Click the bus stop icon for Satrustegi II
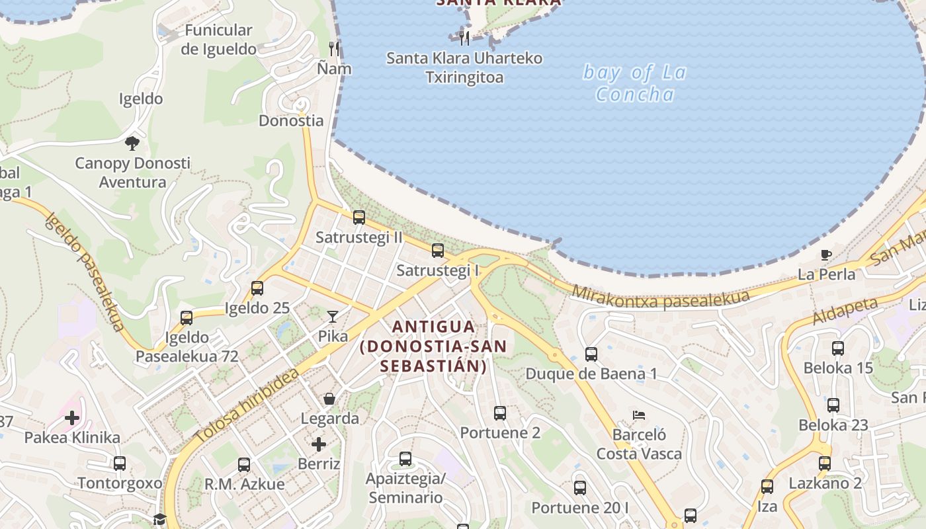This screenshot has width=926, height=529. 358,217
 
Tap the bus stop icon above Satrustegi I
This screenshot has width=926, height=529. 437,251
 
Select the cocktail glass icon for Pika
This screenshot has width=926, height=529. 332,317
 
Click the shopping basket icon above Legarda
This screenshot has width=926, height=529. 329,399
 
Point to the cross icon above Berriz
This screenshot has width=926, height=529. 319,444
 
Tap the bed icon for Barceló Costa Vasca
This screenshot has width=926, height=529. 638,415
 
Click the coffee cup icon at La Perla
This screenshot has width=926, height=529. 825,255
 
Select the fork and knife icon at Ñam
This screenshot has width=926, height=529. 334,48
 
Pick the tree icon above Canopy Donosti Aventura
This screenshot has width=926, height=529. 132,143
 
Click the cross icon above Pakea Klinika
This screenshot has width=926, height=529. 72,418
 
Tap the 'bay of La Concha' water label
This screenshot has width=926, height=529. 634,83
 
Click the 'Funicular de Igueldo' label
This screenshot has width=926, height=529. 218,40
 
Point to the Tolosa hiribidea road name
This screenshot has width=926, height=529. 247,407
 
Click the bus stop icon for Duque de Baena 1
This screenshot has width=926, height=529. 591,354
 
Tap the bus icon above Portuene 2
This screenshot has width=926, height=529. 499,413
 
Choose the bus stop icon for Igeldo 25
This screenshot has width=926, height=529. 257,288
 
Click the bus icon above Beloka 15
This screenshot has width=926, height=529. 837,348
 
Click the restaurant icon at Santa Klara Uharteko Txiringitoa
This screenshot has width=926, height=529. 464,38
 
